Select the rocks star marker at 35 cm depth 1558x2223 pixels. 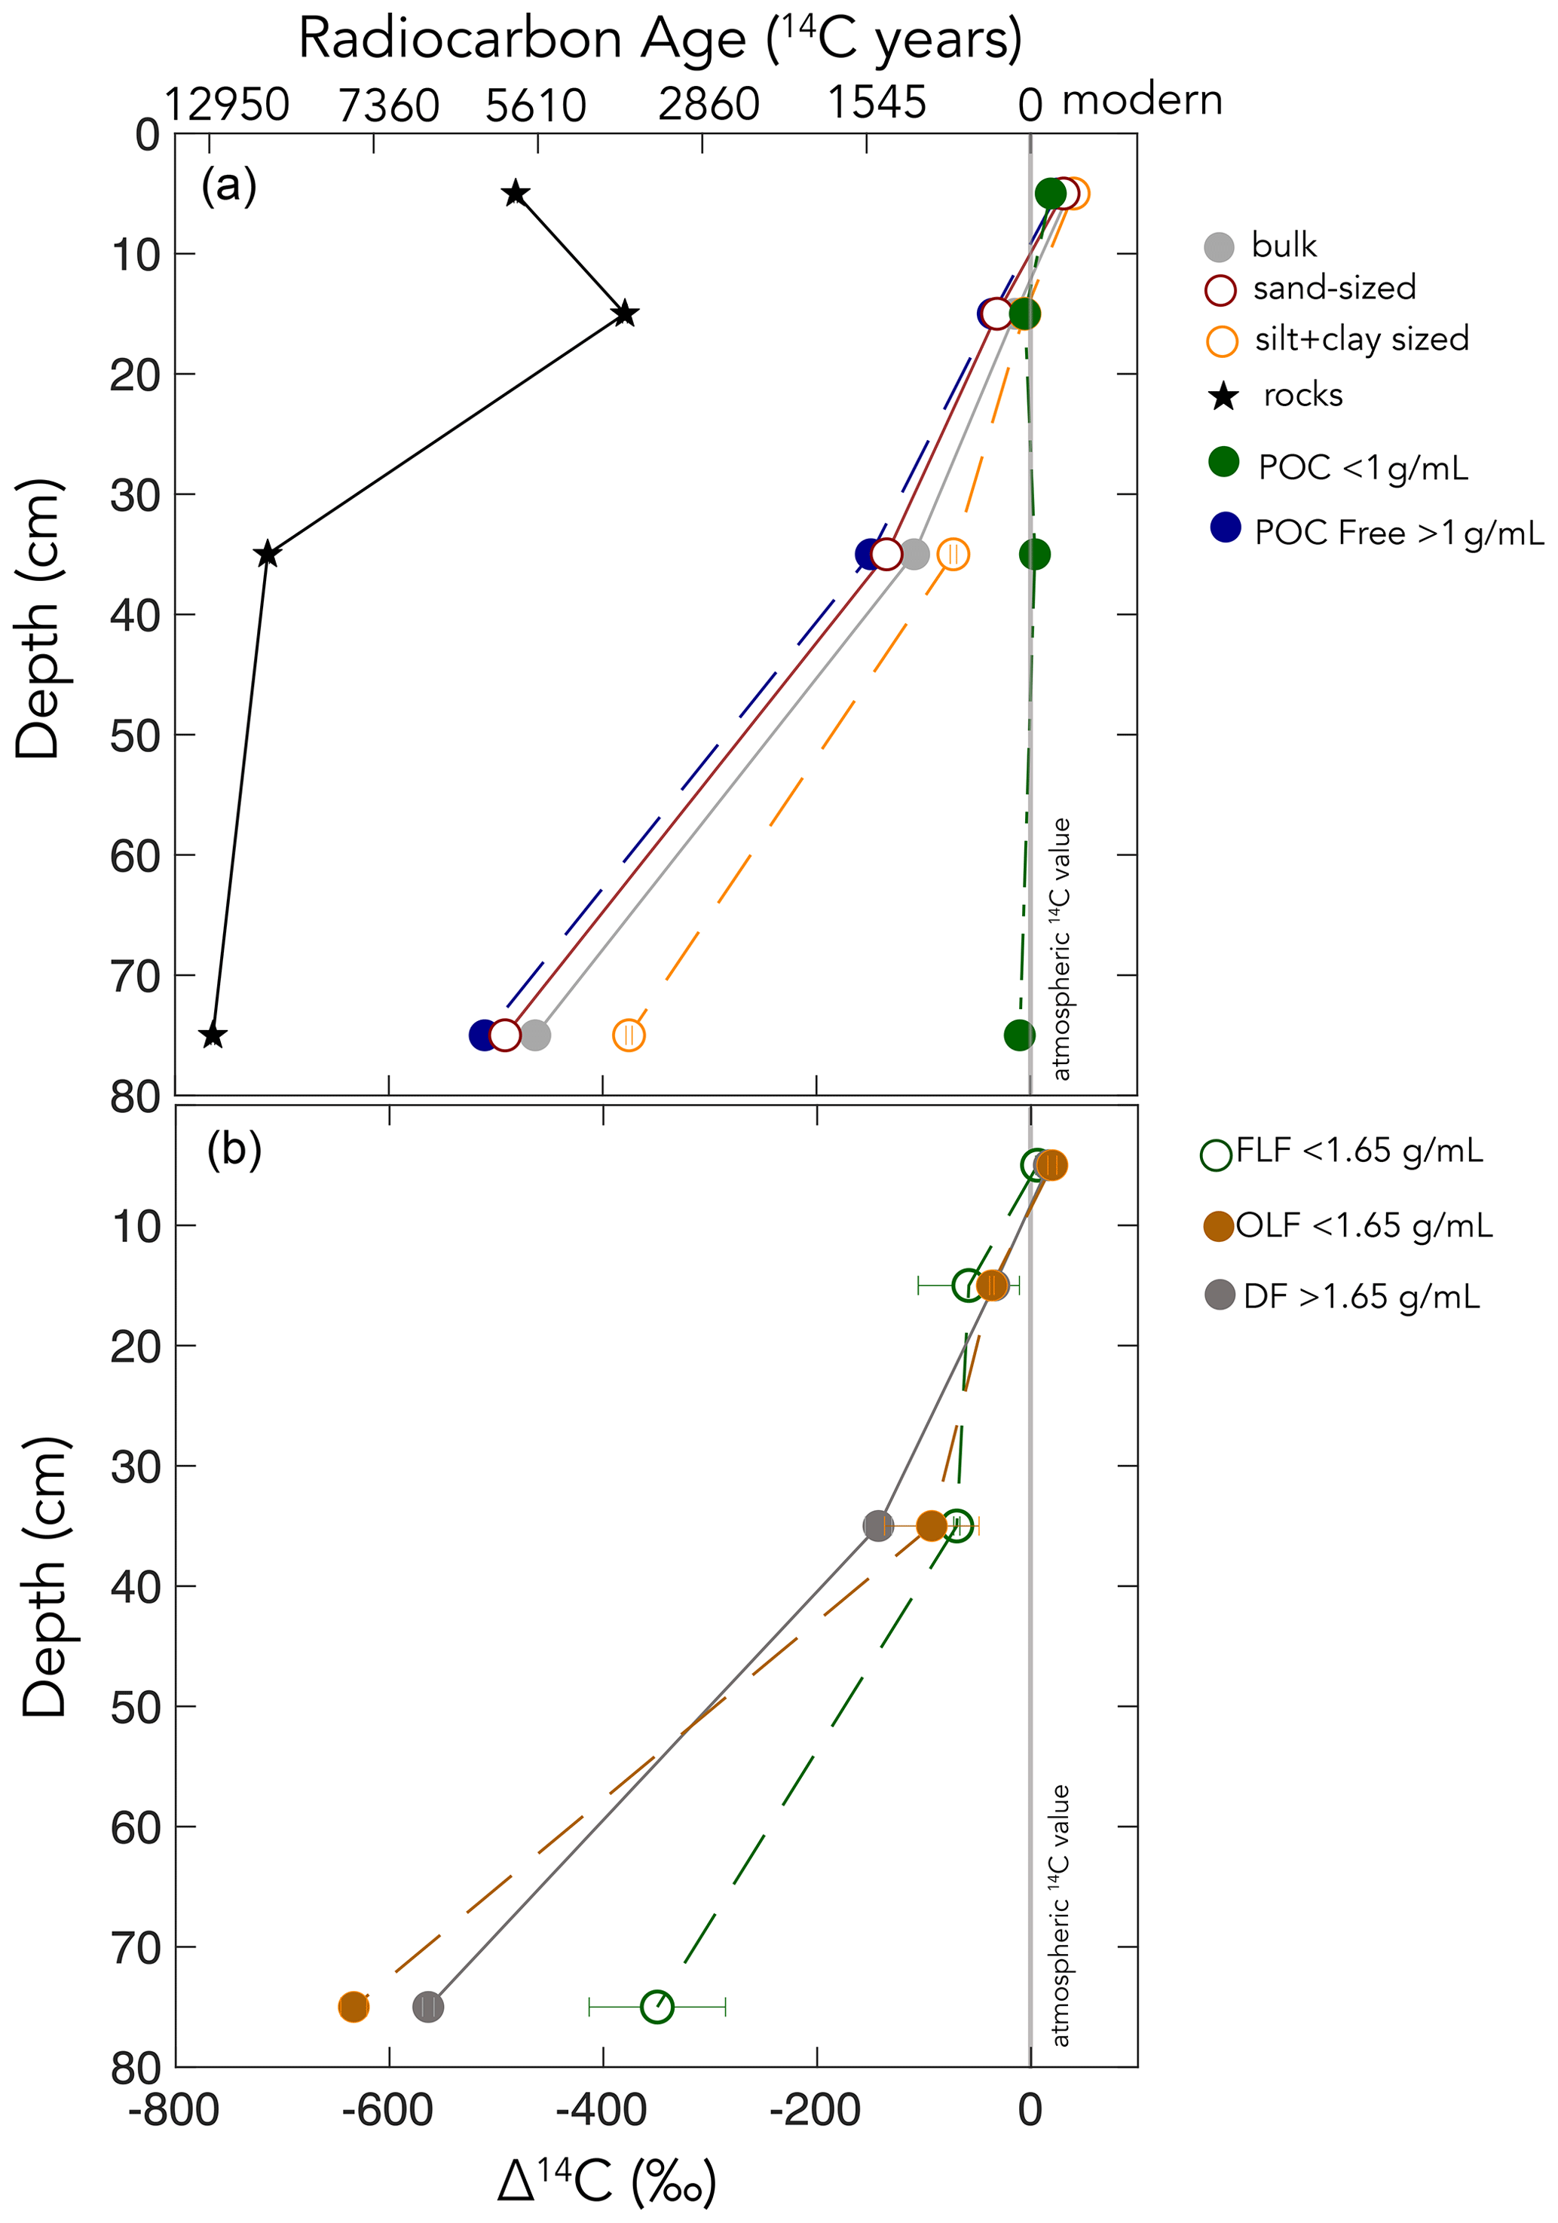click(x=268, y=555)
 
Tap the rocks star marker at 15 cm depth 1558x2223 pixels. click(x=625, y=313)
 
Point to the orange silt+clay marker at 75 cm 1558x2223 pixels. click(x=629, y=1035)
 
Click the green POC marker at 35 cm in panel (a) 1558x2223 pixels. click(x=1034, y=554)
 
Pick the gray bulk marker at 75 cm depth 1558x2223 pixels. click(x=535, y=1035)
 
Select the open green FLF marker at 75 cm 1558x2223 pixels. click(x=657, y=2007)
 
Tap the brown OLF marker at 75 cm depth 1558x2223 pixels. click(x=354, y=2007)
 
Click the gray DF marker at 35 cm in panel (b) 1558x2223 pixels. click(x=878, y=1526)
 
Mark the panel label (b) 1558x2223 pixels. click(x=234, y=1149)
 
